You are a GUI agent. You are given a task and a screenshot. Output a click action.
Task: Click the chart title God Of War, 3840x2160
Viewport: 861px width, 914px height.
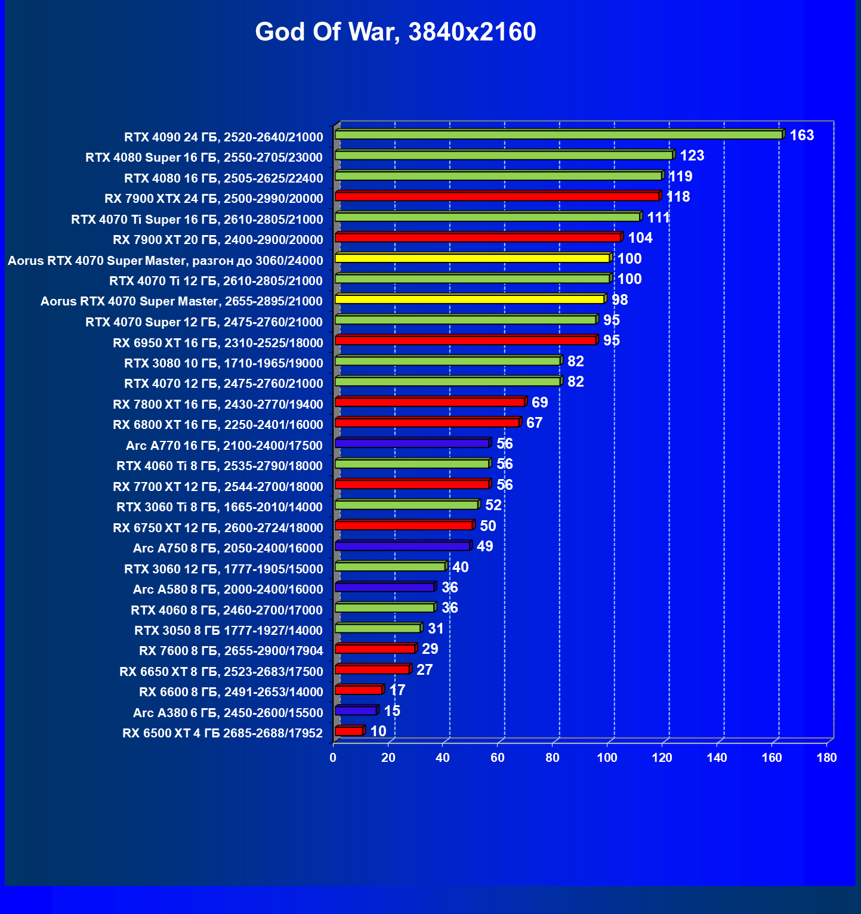coord(396,32)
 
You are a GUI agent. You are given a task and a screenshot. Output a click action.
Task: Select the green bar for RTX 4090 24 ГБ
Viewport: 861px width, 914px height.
coord(558,135)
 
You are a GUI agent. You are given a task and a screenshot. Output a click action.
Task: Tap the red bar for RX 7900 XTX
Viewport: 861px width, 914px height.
coord(497,196)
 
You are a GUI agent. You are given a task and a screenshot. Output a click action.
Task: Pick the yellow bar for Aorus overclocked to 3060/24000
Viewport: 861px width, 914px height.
coord(473,258)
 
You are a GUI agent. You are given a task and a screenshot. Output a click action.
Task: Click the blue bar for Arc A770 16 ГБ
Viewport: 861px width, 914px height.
coord(412,443)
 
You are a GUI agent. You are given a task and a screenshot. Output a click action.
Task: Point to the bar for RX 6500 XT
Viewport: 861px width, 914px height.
coord(349,731)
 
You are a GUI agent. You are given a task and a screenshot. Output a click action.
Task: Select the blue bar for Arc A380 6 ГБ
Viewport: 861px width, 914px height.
coord(356,711)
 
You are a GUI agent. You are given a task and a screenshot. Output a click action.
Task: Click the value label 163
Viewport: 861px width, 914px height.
coord(801,135)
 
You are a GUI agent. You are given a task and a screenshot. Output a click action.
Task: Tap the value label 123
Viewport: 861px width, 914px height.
coord(692,156)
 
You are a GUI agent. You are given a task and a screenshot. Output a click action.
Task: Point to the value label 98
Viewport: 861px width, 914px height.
coord(619,299)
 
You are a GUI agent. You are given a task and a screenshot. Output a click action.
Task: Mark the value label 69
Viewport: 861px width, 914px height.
coord(539,403)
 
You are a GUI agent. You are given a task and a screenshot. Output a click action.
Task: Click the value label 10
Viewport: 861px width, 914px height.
coord(378,731)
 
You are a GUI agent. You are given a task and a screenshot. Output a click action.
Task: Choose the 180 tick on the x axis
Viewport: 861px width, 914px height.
coord(827,758)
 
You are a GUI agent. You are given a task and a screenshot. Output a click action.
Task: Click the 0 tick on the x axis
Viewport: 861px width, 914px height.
coord(333,758)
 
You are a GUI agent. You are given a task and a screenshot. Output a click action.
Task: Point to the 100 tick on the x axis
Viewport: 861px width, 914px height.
coord(607,758)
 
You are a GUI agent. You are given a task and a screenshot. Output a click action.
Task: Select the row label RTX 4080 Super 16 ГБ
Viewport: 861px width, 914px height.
coord(204,158)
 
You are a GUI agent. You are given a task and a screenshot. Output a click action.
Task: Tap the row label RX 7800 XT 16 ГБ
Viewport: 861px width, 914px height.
coord(218,404)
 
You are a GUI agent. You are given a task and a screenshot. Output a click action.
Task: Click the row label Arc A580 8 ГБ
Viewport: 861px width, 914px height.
coord(228,589)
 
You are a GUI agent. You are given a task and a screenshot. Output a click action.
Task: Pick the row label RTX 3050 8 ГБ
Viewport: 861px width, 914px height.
coord(229,631)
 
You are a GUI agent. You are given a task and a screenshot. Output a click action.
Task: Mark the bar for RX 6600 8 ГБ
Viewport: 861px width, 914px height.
coord(359,690)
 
